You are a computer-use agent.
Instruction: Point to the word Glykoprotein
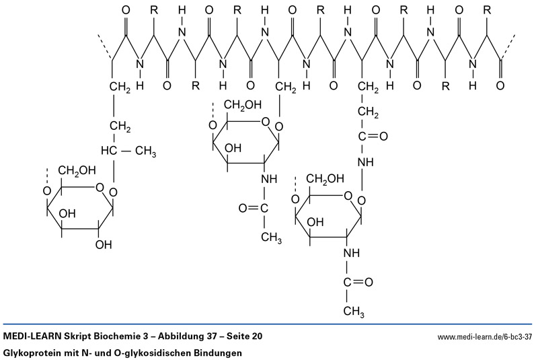click(x=34, y=352)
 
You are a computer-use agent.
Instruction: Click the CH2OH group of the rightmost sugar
click(x=326, y=178)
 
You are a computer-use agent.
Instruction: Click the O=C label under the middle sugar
click(x=254, y=208)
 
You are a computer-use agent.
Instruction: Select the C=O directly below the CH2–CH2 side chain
click(x=373, y=137)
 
